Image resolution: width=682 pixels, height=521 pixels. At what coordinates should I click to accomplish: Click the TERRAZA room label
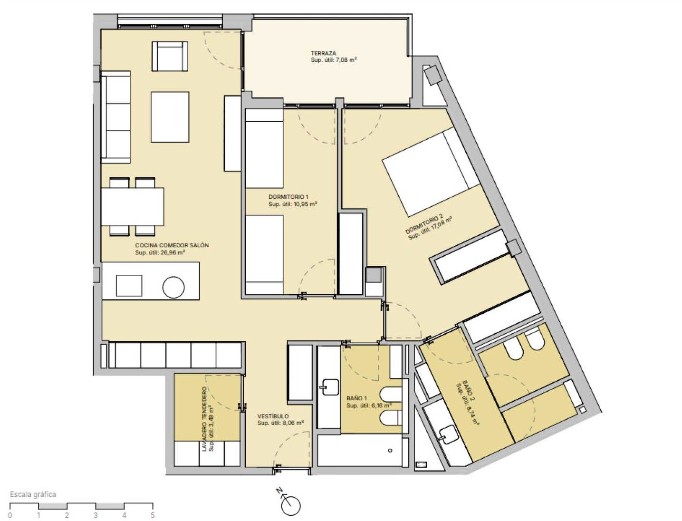click(x=323, y=53)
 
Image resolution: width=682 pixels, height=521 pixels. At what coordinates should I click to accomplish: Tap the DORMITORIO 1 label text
click(x=288, y=197)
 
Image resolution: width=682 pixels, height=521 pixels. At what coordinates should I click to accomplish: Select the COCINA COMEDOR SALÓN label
click(x=172, y=245)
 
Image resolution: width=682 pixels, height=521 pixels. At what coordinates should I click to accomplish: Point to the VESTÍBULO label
click(x=273, y=416)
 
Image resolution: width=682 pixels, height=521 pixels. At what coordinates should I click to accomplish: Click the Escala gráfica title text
click(x=33, y=494)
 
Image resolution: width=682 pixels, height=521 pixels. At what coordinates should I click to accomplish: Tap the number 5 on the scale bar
click(x=153, y=516)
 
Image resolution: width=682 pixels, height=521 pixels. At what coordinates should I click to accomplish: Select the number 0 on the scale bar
click(x=10, y=516)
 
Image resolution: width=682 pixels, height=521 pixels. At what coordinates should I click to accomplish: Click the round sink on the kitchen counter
click(x=173, y=287)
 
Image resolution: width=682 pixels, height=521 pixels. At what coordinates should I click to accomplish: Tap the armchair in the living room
click(x=170, y=56)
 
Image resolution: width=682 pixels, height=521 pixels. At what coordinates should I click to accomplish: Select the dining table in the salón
click(x=133, y=206)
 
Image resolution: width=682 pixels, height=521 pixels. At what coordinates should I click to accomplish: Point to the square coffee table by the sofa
click(x=170, y=117)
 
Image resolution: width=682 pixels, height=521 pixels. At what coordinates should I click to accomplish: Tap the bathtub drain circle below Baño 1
click(x=390, y=451)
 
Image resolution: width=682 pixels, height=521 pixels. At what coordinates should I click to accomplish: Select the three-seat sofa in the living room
click(x=115, y=117)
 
